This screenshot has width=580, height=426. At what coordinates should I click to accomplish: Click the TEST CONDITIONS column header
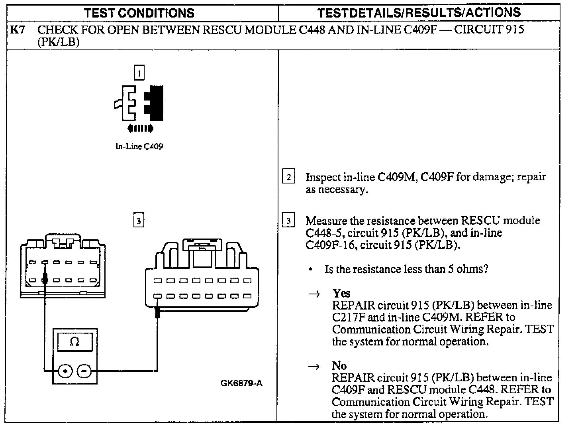139,13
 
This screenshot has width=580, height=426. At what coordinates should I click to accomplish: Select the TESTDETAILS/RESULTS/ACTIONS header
419,13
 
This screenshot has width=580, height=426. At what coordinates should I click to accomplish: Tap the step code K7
18,30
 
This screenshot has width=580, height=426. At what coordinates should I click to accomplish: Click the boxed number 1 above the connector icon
139,73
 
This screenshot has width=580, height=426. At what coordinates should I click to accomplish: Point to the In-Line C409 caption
139,146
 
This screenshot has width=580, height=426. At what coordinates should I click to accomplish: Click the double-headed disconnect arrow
140,128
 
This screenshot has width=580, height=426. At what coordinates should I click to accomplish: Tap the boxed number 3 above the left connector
138,221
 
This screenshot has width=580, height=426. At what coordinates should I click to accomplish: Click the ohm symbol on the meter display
75,342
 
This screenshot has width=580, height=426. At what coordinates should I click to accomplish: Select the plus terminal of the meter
65,371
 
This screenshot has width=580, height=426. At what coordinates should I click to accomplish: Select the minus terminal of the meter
84,371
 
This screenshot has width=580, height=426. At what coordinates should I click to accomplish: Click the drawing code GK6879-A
241,384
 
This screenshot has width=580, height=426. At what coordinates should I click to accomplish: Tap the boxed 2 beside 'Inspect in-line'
288,177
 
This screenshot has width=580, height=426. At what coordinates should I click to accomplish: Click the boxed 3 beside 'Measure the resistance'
288,221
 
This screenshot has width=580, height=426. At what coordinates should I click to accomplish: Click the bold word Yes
341,294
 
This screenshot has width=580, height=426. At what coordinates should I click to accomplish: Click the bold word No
339,366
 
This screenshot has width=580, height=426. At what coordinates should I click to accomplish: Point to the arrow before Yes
314,294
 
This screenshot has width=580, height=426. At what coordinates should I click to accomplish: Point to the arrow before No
314,367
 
